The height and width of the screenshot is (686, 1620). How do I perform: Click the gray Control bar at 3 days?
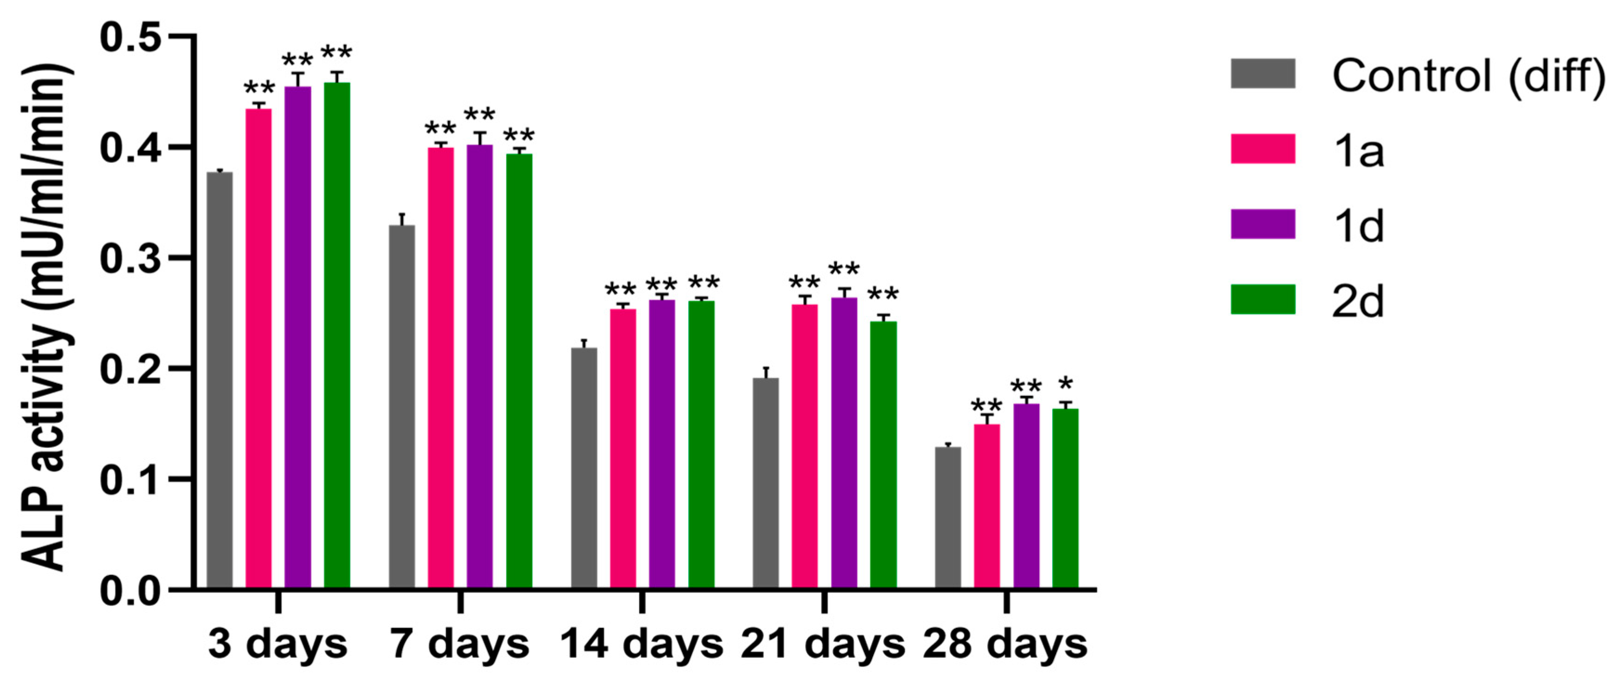coord(220,381)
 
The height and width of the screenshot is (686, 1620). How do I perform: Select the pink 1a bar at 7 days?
coord(441,368)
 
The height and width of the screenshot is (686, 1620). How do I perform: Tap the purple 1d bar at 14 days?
coord(662,444)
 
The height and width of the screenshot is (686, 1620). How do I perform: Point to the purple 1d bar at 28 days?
coord(1026,496)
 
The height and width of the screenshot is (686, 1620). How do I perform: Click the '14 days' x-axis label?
coord(642,645)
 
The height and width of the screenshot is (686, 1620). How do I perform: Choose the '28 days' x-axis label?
coord(1005,645)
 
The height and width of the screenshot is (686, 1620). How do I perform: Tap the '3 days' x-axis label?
coord(277,645)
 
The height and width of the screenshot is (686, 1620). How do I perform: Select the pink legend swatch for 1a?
coord(1263,149)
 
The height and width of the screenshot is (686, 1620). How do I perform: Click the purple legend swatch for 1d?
coord(1263,225)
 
